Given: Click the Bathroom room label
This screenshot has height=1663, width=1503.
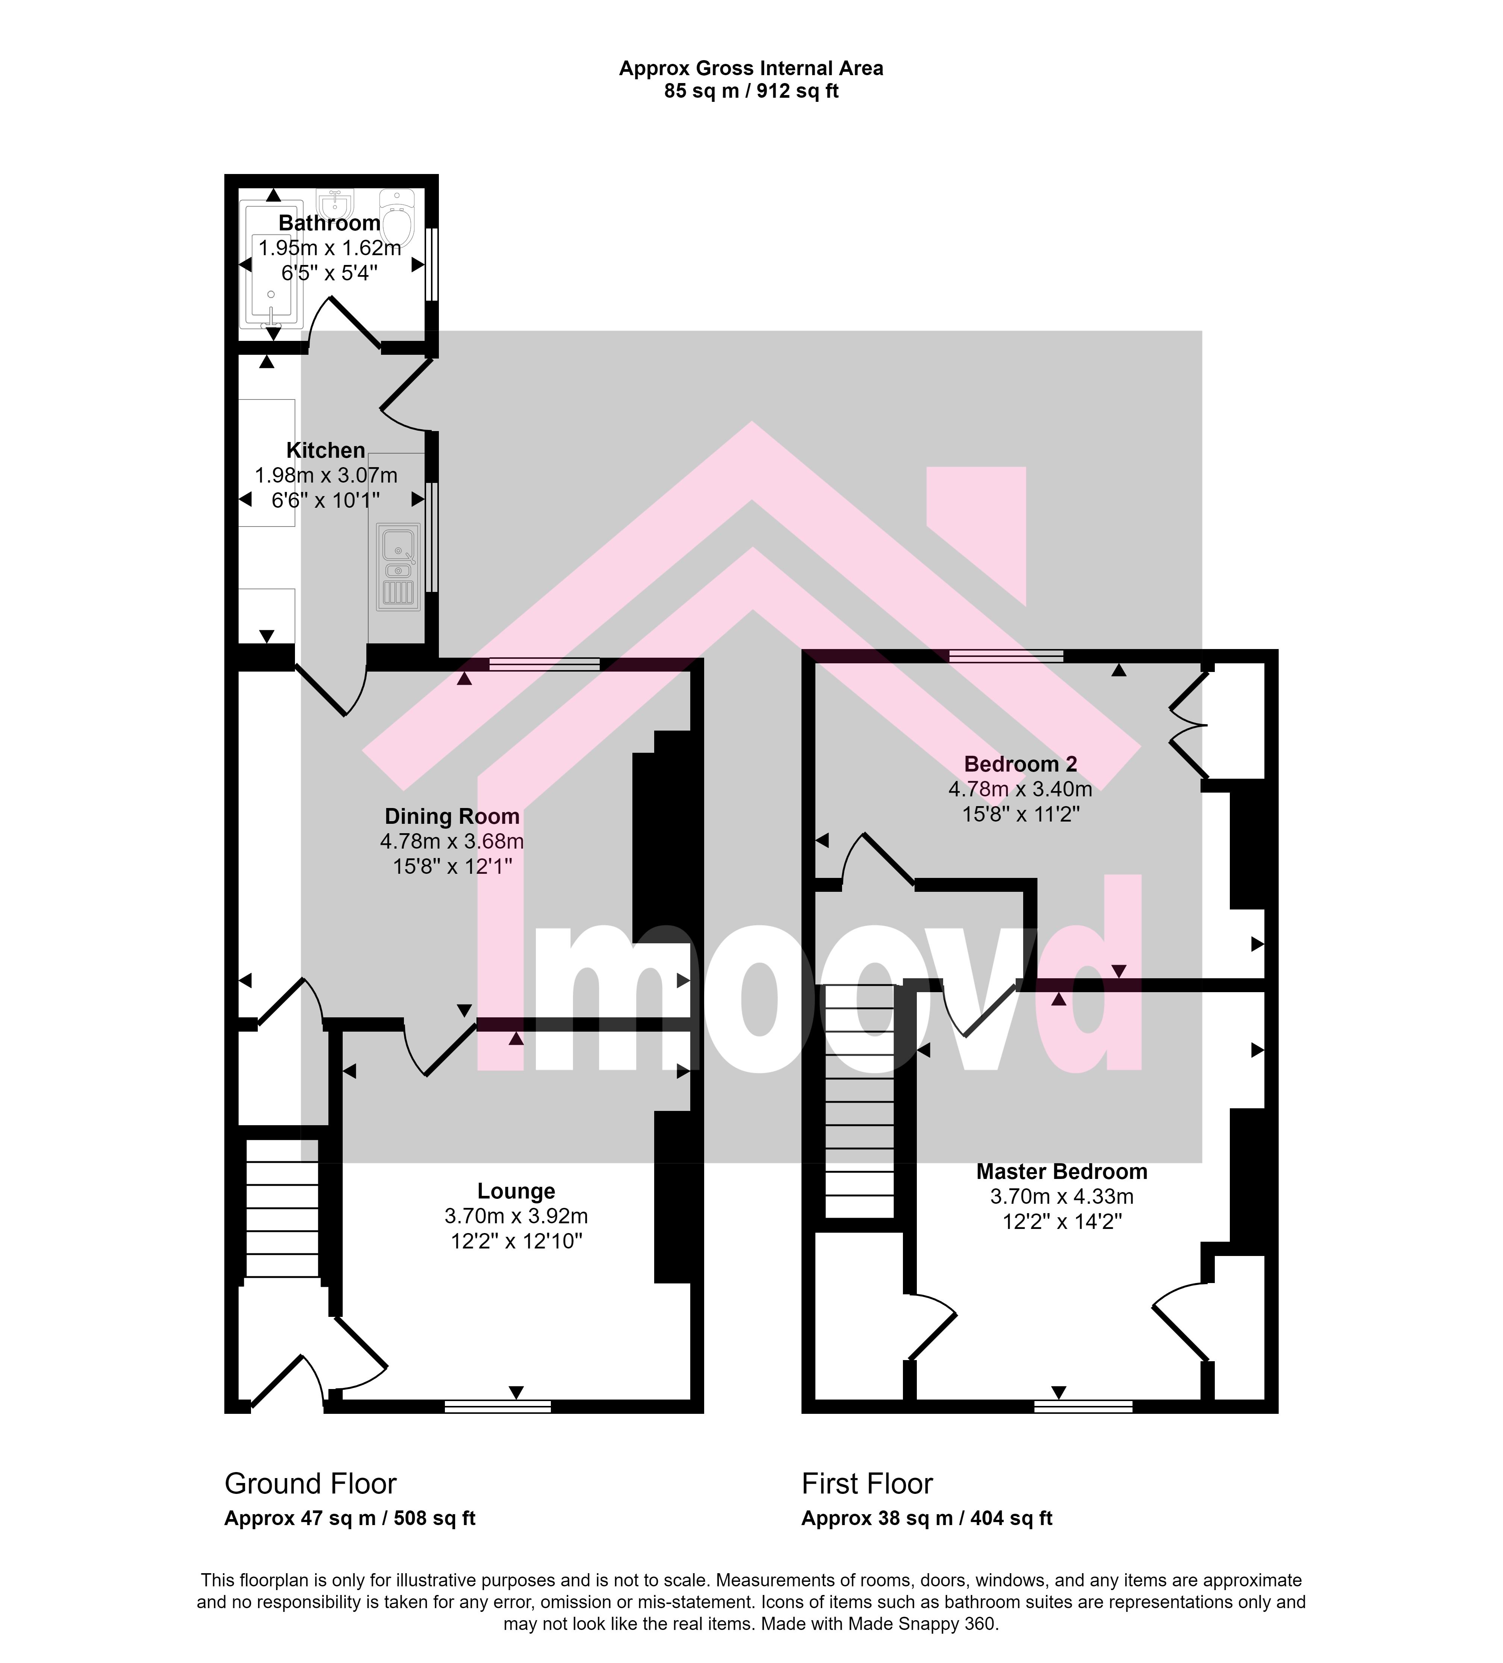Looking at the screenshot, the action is click(329, 223).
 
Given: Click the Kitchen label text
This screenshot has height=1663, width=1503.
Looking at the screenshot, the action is click(326, 450).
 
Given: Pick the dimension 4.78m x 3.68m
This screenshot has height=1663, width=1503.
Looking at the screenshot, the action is click(452, 841).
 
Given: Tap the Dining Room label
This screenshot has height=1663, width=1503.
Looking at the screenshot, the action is click(452, 817).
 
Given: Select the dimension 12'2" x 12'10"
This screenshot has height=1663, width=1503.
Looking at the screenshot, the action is click(516, 1241).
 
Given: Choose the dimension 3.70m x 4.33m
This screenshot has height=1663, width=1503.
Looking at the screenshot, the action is click(1061, 1196).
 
